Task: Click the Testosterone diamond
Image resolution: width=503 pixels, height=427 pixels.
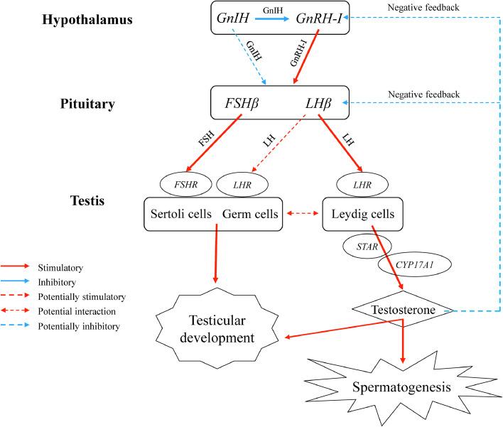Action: (x=404, y=310)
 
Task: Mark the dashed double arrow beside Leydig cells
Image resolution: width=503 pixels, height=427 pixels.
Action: (x=301, y=212)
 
